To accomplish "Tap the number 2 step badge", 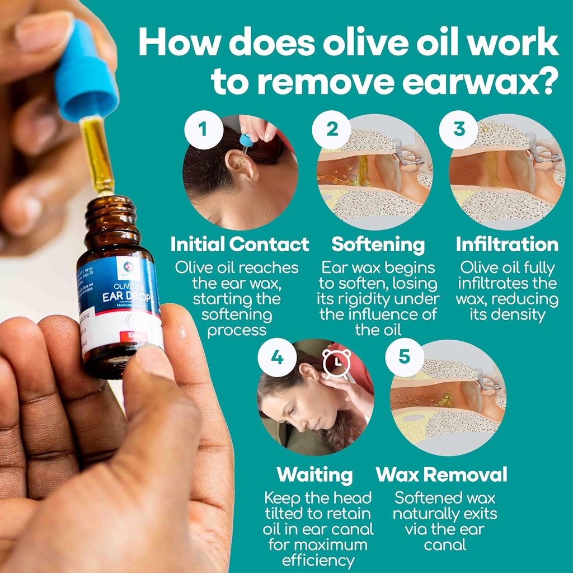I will (x=332, y=130).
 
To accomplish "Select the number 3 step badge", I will (x=459, y=130).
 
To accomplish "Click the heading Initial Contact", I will (x=239, y=245).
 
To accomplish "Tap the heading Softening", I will (x=378, y=245).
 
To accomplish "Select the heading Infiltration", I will (x=507, y=245).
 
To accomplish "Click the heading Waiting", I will (x=315, y=475).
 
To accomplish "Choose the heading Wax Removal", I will (x=442, y=475).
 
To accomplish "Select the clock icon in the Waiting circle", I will (x=337, y=364).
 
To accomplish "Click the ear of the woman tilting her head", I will (x=309, y=372).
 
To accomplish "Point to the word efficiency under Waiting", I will (x=318, y=560).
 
